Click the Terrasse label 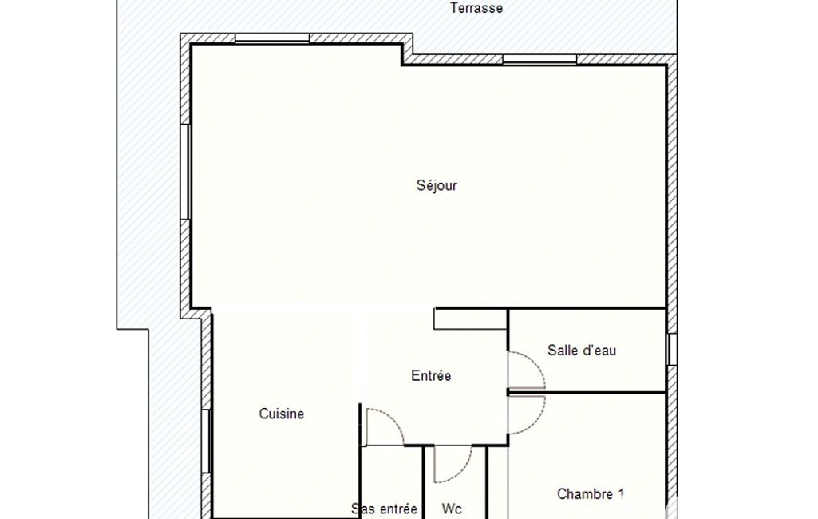point(476,8)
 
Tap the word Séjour point(437,185)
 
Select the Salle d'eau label point(582,350)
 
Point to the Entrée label point(431,375)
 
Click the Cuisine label point(282,414)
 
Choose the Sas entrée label point(384,509)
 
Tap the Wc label point(451,509)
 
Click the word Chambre point(585,494)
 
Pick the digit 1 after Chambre point(621,493)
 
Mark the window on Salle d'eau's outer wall point(672,349)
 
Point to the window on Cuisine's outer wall point(206,442)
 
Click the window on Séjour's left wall point(184,171)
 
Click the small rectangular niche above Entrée point(471,319)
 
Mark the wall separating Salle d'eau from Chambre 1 point(587,392)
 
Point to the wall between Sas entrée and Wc point(423,482)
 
